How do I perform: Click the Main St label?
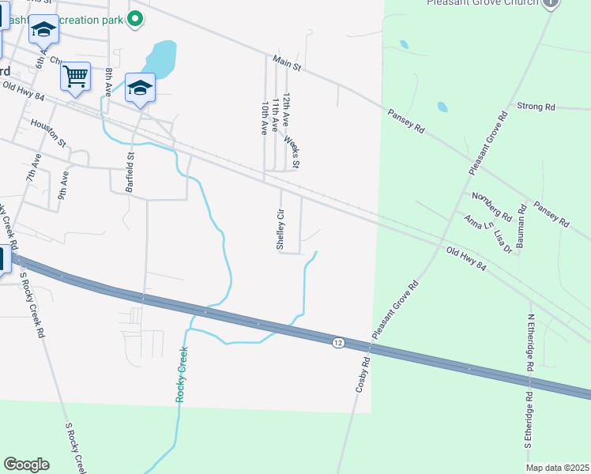coord(288,63)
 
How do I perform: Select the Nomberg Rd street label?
coord(491,206)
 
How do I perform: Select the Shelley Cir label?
coord(280,229)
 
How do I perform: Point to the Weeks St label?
coord(292,152)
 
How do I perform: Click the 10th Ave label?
coord(264,118)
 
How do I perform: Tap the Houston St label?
coord(49,132)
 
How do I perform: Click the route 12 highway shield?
coord(338,342)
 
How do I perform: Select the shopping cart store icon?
coord(75,77)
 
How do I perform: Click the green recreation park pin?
coord(135,18)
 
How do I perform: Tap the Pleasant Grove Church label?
coord(482,3)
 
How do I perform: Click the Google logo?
coord(26,465)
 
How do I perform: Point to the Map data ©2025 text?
coord(558,468)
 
